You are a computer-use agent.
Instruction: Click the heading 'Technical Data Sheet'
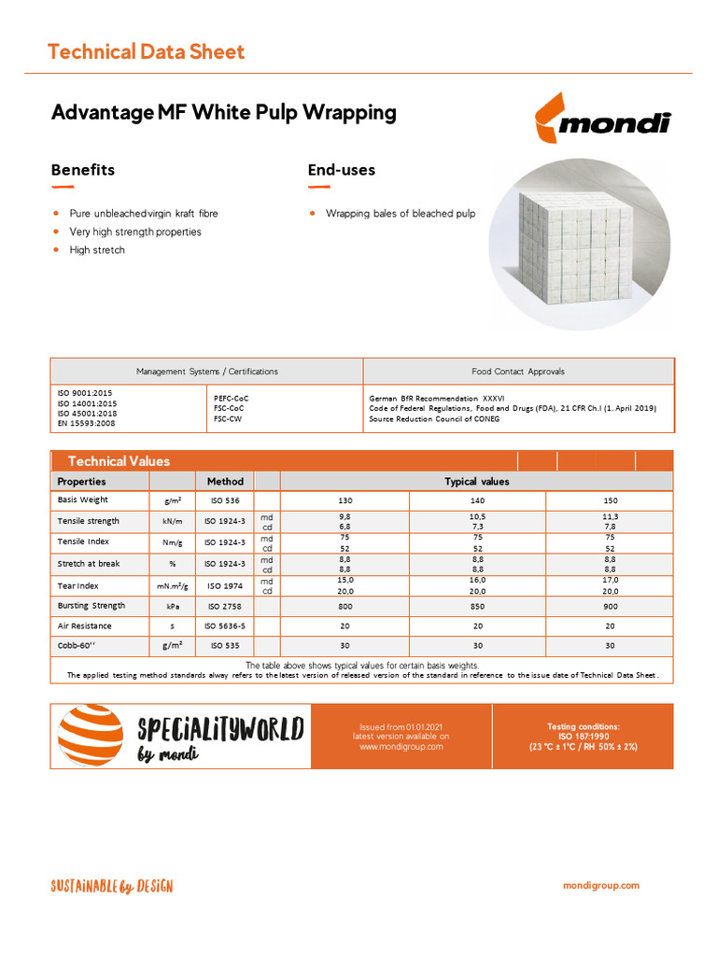tap(146, 51)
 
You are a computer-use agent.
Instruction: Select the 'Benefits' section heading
tap(83, 170)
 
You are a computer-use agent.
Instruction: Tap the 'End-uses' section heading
tap(342, 170)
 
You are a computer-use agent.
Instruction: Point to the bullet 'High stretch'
tap(96, 250)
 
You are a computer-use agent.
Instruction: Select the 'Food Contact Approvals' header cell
tap(518, 372)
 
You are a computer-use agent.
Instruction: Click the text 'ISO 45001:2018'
tap(86, 414)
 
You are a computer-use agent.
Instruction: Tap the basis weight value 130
tap(345, 500)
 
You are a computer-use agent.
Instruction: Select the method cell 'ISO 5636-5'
tap(225, 626)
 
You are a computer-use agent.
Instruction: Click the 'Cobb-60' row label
tap(79, 645)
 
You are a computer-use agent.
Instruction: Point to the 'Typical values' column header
tap(476, 482)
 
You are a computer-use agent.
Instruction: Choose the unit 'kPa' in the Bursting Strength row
tap(173, 605)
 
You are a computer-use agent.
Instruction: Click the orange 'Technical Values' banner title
tap(119, 461)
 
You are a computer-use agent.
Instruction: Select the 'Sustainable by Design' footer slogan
tap(111, 886)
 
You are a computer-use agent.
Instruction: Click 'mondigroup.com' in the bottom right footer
tap(601, 886)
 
